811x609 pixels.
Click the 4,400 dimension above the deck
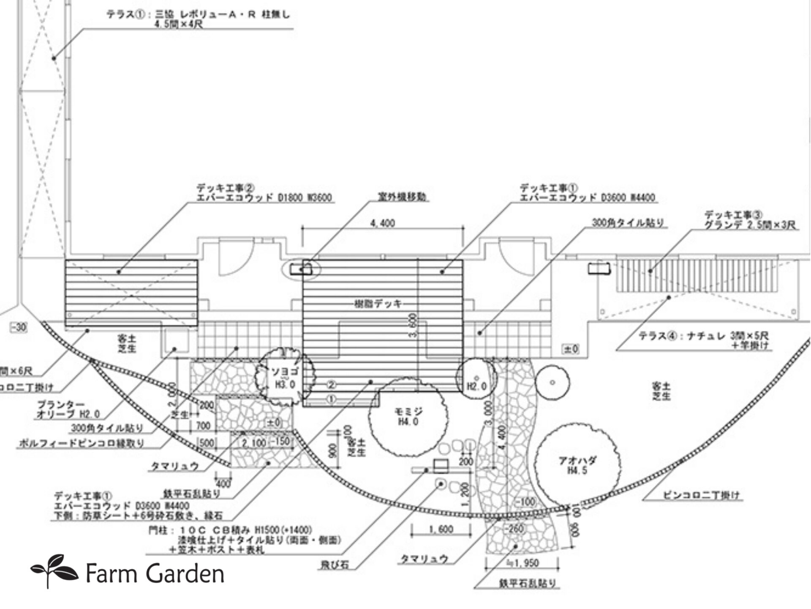[x=383, y=223]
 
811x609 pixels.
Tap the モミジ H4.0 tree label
[x=408, y=417]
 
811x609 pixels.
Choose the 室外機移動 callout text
[x=402, y=197]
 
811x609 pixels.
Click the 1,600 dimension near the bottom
[x=441, y=529]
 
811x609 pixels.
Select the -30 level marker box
[x=18, y=328]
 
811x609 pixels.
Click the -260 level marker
[x=514, y=528]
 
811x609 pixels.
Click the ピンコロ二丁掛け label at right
[x=701, y=495]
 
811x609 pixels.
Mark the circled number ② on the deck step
[x=332, y=385]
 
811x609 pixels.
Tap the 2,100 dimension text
[x=253, y=443]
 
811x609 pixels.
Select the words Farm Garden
[x=155, y=574]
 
